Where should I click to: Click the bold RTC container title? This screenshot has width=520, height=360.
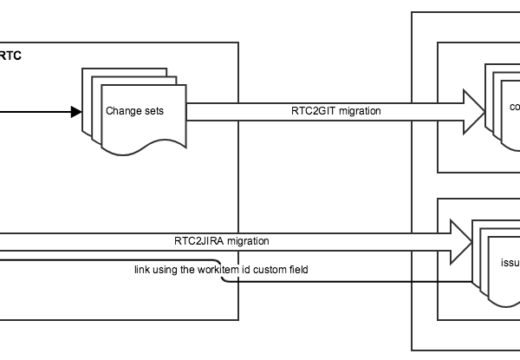[11, 56]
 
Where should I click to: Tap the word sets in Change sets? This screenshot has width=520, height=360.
[154, 111]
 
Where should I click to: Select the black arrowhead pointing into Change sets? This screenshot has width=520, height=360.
[75, 111]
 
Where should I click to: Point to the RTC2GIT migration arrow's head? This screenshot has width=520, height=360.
[476, 111]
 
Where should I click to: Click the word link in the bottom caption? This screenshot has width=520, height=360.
[142, 271]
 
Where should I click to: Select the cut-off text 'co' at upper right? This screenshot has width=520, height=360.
[515, 108]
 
